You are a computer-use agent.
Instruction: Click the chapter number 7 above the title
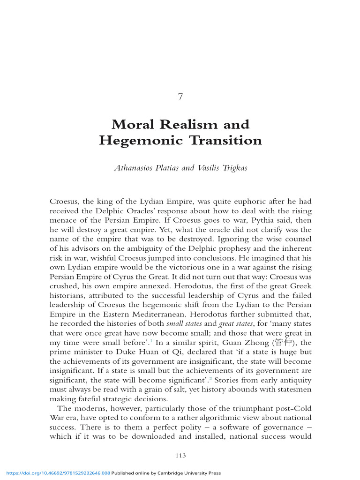coord(180,97)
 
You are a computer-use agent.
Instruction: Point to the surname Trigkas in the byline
coord(232,168)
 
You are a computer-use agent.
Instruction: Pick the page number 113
coord(180,455)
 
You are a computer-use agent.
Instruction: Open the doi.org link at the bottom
coord(55,473)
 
